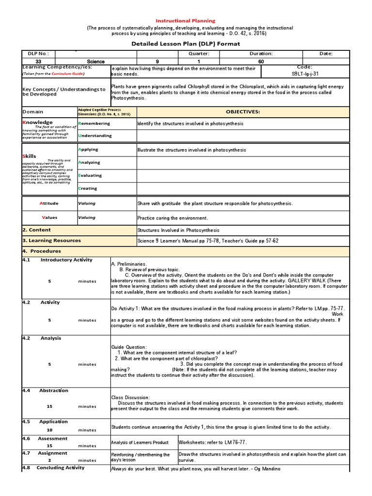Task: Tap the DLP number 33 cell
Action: [x=38, y=62]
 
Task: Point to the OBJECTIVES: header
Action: [x=243, y=111]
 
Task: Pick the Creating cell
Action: [x=88, y=188]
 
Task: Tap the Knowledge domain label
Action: [x=38, y=123]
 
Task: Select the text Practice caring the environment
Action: [x=172, y=218]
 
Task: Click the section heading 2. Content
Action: [x=37, y=230]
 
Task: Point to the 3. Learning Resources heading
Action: [x=52, y=241]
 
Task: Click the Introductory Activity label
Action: [x=66, y=260]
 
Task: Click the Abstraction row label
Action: [x=53, y=390]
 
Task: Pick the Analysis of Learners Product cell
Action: [x=140, y=442]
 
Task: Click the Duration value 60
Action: [x=261, y=62]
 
